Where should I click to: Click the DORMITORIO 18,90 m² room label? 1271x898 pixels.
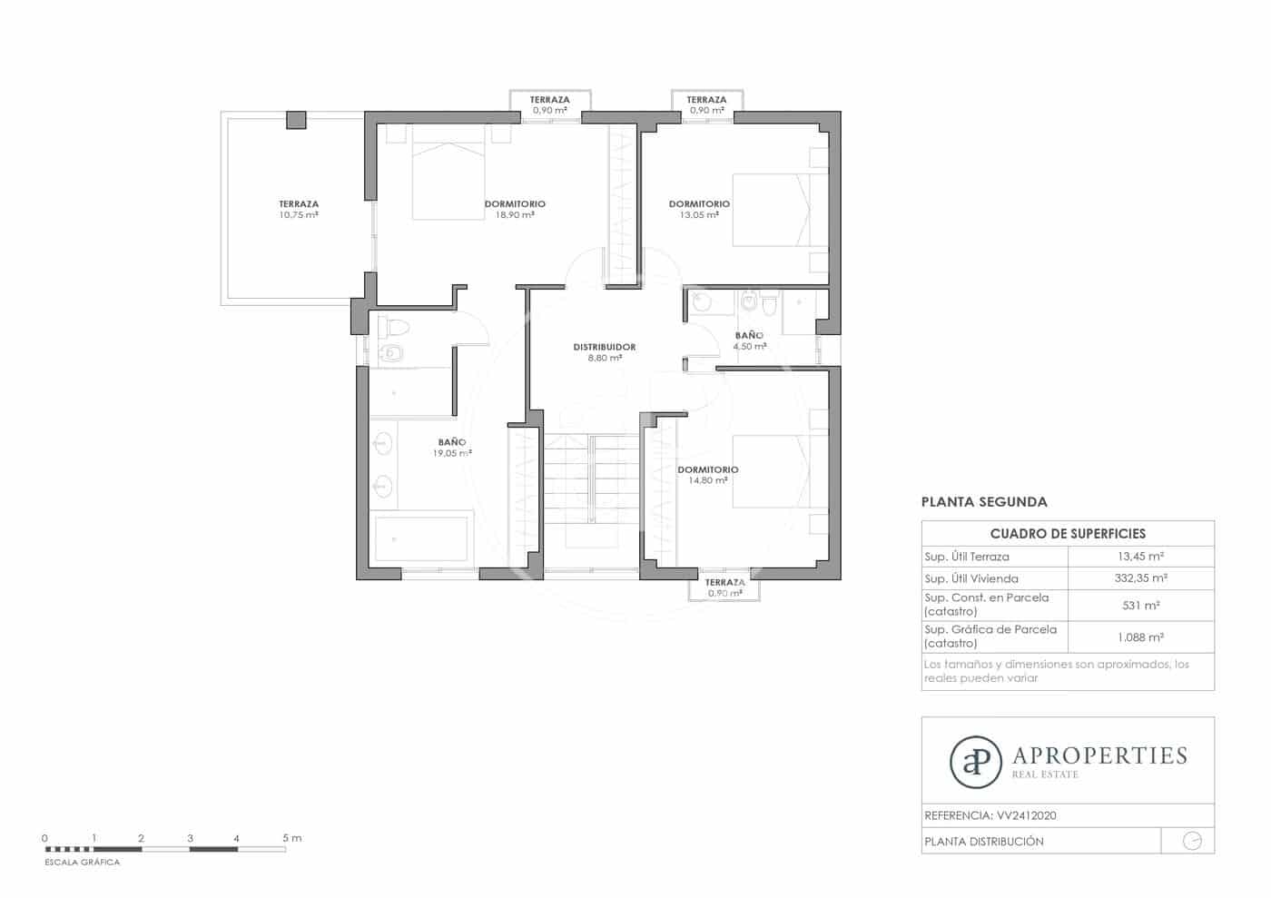[x=515, y=210]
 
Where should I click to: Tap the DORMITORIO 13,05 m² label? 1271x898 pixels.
[x=699, y=210]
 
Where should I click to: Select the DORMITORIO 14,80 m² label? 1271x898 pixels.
[x=708, y=475]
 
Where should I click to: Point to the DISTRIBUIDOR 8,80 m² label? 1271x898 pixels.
[x=605, y=352]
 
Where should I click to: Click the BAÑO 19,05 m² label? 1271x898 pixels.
[x=452, y=448]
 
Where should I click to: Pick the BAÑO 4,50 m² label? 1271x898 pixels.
[x=749, y=340]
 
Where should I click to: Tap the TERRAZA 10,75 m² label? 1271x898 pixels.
[x=299, y=210]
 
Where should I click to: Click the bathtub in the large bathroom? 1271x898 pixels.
[x=421, y=539]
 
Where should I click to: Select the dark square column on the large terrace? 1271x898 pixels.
[x=296, y=120]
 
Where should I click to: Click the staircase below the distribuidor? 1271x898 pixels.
[x=591, y=490]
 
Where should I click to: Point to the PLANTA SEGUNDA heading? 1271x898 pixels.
[x=984, y=501]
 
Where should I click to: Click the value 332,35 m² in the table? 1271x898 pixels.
[x=1140, y=578]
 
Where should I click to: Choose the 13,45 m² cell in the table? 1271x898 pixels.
[x=1140, y=557]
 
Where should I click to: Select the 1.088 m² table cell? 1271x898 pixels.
[x=1140, y=636]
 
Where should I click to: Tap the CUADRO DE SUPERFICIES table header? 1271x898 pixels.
[x=1068, y=534]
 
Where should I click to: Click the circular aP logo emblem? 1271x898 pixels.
[x=976, y=762]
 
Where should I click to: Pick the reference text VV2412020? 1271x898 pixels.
[x=1026, y=815]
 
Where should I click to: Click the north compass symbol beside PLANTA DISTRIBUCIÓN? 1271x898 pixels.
[x=1192, y=841]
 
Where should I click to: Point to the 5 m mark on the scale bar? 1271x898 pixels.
[x=291, y=838]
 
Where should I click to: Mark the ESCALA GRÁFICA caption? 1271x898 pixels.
[x=83, y=863]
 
